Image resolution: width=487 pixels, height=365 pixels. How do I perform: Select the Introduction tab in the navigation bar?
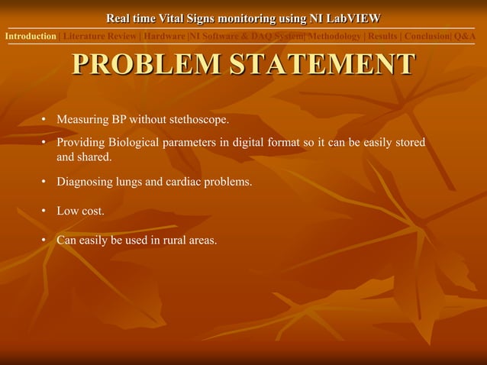tap(31, 36)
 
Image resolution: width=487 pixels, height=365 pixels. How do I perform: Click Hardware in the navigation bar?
tap(164, 36)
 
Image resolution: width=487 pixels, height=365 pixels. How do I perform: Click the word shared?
tap(95, 157)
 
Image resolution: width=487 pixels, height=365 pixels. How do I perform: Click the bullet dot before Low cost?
tap(45, 211)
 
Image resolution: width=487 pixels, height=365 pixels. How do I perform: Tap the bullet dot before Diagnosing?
tap(45, 182)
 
